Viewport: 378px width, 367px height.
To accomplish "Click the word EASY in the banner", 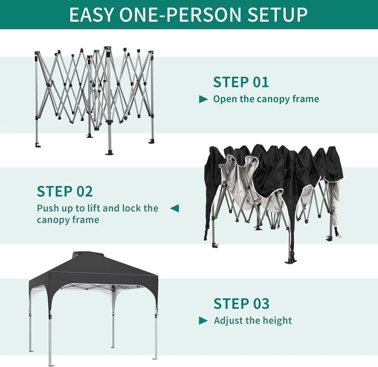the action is (x=91, y=15).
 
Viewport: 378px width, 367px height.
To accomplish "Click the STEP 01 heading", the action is (x=241, y=82).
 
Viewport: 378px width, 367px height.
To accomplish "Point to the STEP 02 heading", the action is (x=65, y=192).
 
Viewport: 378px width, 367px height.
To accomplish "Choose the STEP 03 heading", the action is (x=241, y=303).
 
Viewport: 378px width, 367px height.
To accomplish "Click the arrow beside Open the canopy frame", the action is (x=203, y=99).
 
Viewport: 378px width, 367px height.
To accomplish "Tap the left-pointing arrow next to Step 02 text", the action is (x=174, y=208).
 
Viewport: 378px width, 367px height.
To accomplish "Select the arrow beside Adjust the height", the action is (x=203, y=321).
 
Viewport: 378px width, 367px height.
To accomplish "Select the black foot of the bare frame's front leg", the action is (x=110, y=152).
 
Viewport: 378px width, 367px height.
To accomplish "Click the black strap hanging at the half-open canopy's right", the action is (x=336, y=232).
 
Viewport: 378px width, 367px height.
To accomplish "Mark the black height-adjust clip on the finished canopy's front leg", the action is (x=50, y=316).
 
